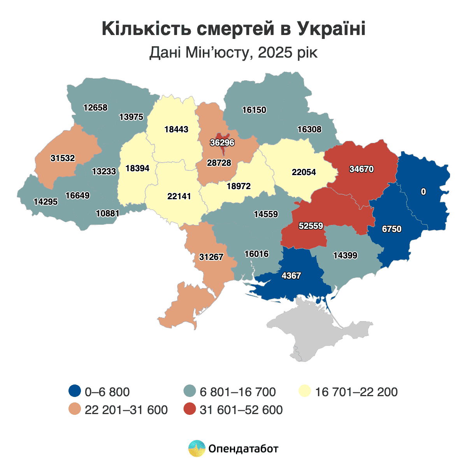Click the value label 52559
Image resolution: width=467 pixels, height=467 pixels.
tap(311, 226)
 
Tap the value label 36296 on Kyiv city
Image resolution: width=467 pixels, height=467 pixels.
tap(222, 143)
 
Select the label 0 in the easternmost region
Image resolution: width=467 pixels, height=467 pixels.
tap(423, 192)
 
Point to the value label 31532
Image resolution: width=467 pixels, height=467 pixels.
tap(63, 158)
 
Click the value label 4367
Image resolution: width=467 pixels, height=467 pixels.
tap(291, 276)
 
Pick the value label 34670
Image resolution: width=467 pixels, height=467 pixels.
tap(362, 169)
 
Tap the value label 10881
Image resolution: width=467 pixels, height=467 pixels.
tap(108, 213)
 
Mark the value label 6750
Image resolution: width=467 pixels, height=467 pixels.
tap(392, 229)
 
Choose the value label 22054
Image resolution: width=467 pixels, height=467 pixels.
tap(304, 172)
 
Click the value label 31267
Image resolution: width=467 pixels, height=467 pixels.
tap(211, 257)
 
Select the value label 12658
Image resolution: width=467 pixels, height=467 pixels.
tap(95, 108)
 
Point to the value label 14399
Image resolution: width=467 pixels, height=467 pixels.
tap(345, 256)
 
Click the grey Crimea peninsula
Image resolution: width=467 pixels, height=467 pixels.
tap(319, 331)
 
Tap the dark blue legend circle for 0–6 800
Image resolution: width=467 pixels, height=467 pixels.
tap(74, 391)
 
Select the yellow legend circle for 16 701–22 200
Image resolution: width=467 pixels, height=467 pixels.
tap(305, 391)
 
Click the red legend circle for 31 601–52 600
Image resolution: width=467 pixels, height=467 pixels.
tap(190, 409)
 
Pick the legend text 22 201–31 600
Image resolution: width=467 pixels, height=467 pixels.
tap(126, 410)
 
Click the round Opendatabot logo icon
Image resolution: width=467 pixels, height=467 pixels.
tap(197, 449)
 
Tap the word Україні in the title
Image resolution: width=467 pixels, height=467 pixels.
tap(332, 29)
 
